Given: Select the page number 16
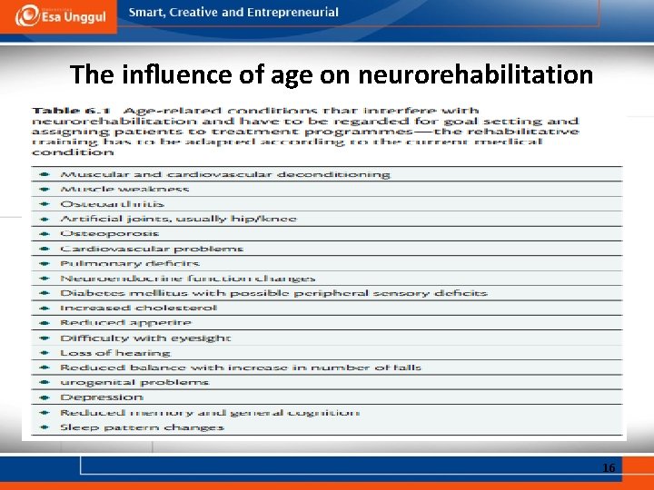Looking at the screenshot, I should tap(608, 467).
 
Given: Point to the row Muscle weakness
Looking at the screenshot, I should tap(124, 189).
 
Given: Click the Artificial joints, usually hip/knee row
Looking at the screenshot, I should tap(178, 219).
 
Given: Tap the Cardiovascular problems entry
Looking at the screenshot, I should tap(152, 249).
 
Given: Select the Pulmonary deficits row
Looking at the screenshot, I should tap(129, 263).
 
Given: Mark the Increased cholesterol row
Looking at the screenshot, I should tap(139, 308).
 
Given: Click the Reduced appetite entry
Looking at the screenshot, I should tap(125, 323).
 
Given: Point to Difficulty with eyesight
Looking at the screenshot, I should tap(145, 338).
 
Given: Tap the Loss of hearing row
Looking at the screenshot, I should tap(115, 353).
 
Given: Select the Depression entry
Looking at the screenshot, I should tap(102, 397).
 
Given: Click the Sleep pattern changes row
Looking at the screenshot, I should tap(142, 427).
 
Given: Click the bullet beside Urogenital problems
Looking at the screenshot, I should tap(45, 383).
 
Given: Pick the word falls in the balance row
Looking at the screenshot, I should tap(408, 367).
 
